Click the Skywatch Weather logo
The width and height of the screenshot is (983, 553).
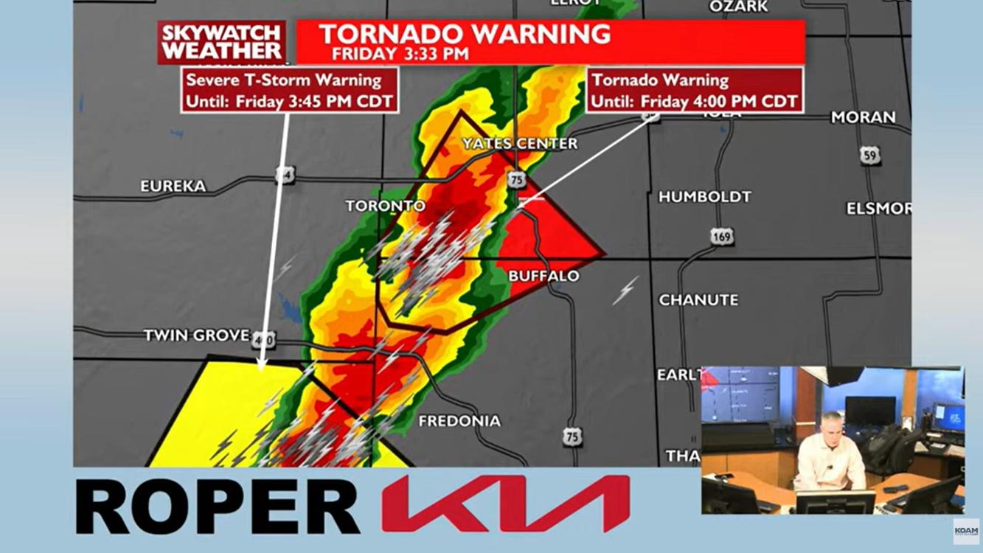[x=221, y=42]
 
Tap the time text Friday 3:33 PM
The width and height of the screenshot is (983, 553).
[x=400, y=54]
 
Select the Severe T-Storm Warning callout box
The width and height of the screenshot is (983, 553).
[x=290, y=90]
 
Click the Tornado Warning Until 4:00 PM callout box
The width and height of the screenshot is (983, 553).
[x=694, y=90]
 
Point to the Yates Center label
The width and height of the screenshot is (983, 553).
[x=520, y=144]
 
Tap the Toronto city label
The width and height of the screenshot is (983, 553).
[x=386, y=206]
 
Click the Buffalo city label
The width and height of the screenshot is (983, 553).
[x=543, y=276]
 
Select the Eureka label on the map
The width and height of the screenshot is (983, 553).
[x=173, y=187]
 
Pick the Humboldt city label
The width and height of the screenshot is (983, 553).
[x=704, y=197]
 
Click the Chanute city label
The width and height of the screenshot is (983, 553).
[x=698, y=300]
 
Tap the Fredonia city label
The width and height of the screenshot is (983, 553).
[x=459, y=421]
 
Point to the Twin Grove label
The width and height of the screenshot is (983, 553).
[x=196, y=335]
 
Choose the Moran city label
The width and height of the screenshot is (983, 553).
[x=863, y=117]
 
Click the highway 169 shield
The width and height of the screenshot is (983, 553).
[x=723, y=237]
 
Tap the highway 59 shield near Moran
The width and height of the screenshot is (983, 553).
[x=870, y=155]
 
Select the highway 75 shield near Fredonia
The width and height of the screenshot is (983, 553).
[x=572, y=437]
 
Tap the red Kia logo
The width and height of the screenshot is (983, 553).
[x=505, y=505]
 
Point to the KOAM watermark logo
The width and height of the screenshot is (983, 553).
[x=965, y=530]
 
